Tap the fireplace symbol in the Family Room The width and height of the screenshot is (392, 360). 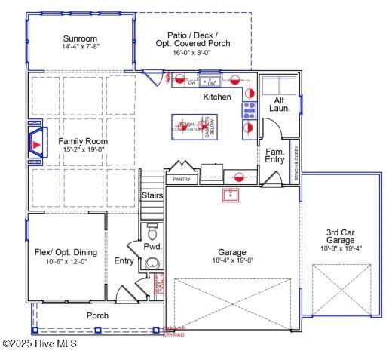36,141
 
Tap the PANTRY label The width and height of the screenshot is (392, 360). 182,180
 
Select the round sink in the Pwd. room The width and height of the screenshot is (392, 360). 153,263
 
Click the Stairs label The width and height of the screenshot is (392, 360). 152,195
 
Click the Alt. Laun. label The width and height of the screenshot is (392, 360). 279,104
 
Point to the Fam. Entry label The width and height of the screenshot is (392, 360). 275,155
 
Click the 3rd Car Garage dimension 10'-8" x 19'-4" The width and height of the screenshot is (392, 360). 341,248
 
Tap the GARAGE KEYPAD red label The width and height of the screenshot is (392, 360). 173,331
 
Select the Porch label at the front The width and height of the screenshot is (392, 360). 96,315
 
